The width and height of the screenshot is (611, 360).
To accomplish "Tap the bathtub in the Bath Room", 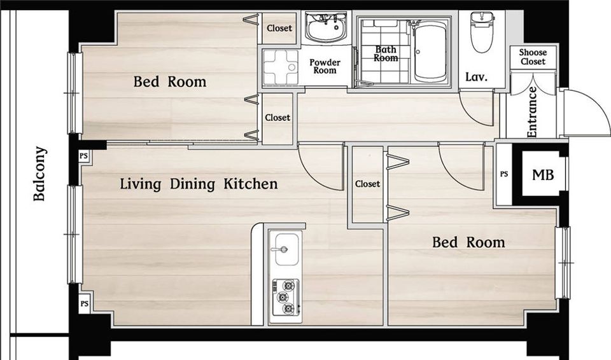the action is tap(430, 52).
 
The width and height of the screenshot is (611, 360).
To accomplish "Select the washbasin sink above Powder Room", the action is tap(326, 27).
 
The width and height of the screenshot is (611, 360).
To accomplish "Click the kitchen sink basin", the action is tap(287, 249).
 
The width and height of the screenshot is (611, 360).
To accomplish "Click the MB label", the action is tap(543, 175).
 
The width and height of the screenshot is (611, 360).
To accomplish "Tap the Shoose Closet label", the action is tap(533, 57).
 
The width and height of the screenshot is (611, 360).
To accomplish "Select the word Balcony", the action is tap(39, 174).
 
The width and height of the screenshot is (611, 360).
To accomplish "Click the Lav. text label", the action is tap(477, 77).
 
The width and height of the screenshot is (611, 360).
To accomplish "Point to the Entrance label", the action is tap(532, 112).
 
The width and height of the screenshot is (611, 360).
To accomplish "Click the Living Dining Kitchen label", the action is tap(199, 184).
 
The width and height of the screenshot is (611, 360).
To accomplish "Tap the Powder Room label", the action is tap(325, 66).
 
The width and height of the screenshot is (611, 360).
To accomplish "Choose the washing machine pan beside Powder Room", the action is tap(281, 67).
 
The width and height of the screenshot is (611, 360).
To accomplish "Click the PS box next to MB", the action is tap(504, 174).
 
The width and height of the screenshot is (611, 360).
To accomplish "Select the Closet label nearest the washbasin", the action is tap(279, 28).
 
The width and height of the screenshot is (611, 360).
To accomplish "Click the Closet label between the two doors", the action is tap(367, 184).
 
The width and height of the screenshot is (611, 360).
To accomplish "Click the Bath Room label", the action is tap(386, 54).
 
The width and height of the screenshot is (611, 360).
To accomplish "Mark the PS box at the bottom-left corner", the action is tap(84, 303).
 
